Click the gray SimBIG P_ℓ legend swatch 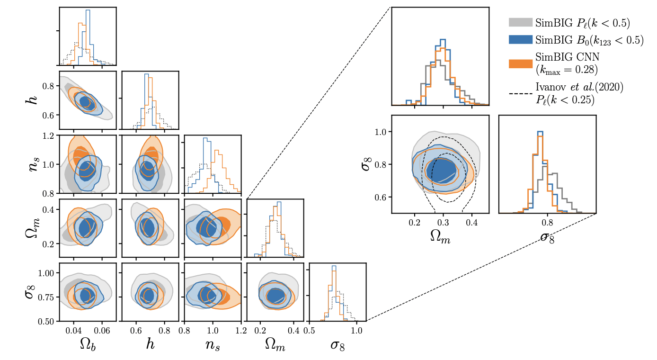click(x=520, y=22)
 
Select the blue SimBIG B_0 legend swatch click(x=520, y=40)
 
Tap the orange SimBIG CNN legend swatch click(x=520, y=63)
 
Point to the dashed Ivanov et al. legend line click(x=520, y=93)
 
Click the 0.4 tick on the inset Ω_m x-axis click(x=471, y=221)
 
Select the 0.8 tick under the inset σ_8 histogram click(x=548, y=221)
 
